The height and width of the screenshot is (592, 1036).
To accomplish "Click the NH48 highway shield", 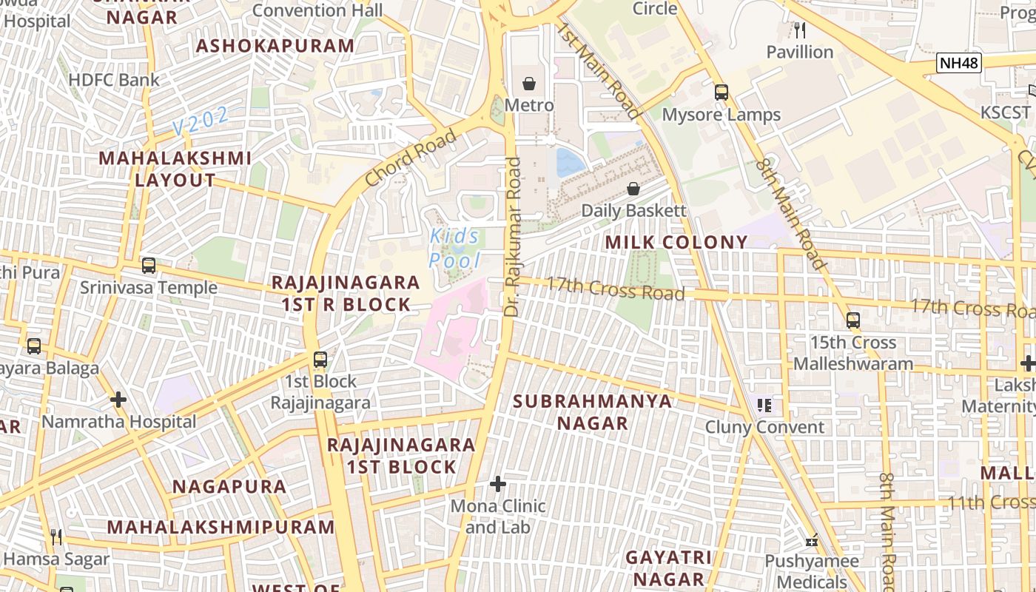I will tap(959, 63).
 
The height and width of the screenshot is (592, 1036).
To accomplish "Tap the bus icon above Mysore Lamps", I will tap(721, 92).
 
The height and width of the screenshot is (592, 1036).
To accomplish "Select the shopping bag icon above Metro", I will tap(529, 84).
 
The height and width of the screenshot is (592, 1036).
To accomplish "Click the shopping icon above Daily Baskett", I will tap(633, 189).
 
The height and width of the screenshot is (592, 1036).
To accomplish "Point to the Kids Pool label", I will tap(455, 248).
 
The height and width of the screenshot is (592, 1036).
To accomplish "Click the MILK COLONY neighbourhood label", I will tap(676, 242).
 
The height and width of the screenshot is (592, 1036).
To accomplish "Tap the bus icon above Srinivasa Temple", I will tap(149, 266).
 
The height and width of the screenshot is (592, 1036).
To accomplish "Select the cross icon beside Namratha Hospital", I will tap(118, 400).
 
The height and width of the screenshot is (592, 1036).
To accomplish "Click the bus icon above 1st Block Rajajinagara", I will tap(320, 360).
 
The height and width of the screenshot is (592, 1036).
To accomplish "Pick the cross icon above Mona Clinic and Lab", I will tap(498, 485).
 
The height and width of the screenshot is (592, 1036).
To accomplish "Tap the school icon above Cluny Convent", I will tap(764, 406).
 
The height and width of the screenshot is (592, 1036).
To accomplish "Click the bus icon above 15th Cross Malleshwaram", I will tap(853, 320).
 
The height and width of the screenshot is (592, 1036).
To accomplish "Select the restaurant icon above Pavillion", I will tap(799, 30).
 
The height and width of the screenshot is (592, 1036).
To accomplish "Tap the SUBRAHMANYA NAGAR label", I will tap(592, 412).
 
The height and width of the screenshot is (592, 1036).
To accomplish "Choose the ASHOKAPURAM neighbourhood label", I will tap(275, 46).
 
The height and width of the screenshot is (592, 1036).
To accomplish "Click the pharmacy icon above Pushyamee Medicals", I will tap(812, 540).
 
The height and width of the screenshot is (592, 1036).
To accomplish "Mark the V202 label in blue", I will tap(201, 121).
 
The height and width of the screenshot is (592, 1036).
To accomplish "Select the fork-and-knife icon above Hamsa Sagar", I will tap(56, 536).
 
